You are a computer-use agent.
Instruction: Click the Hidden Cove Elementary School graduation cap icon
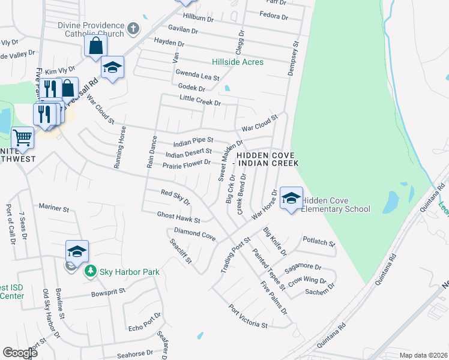pos(291,199)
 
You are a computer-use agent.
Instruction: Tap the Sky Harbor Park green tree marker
pos(90,272)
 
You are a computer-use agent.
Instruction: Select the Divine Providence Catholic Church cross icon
pos(133,28)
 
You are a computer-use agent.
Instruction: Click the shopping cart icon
pos(22,138)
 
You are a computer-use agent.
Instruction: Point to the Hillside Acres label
pos(238,62)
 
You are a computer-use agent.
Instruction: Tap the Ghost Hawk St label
pos(178,217)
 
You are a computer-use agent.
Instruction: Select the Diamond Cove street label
pos(194,234)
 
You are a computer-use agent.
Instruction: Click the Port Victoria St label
pos(248,317)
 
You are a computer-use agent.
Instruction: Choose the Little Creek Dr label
pos(200,100)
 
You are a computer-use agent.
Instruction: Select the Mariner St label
pos(55,208)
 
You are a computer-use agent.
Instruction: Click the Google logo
pos(20,353)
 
